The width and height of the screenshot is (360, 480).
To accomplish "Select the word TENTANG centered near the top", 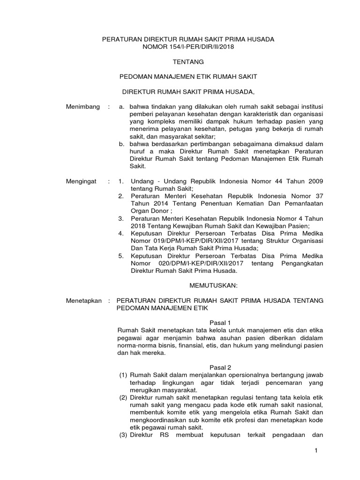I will point(188,61).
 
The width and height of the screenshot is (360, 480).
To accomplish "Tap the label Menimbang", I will point(83,107).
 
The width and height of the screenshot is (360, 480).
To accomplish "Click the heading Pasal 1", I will point(220,323).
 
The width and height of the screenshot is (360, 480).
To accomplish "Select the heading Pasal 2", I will point(220,367).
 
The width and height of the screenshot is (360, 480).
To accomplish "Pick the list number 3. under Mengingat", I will point(121,218).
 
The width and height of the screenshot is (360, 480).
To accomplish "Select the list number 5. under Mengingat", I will point(121,256).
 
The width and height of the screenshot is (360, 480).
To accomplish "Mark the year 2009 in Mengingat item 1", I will point(315,181).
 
